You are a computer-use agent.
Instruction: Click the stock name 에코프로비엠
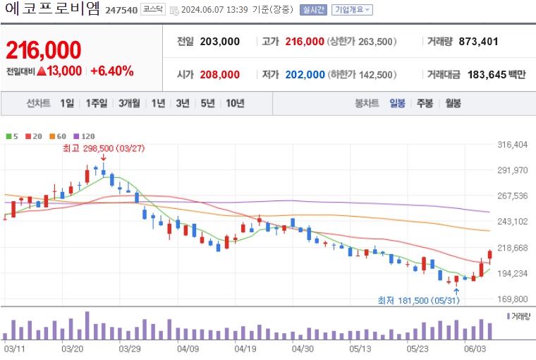51,11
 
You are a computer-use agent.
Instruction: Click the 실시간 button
312,10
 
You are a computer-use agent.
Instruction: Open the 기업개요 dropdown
352,10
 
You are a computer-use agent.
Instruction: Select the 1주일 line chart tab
97,103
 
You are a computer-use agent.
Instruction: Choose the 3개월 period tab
129,103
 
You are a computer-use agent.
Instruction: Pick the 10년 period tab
235,103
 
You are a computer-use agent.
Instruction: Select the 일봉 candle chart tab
397,103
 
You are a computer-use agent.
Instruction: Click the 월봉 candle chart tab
452,103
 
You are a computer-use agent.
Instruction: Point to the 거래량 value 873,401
478,42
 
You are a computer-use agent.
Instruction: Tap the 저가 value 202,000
305,74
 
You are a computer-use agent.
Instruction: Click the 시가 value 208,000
219,74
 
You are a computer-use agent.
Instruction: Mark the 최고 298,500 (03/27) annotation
104,148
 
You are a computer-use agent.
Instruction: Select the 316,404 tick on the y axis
513,145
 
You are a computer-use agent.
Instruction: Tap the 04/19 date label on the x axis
245,349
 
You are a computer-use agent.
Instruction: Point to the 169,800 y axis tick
513,299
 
